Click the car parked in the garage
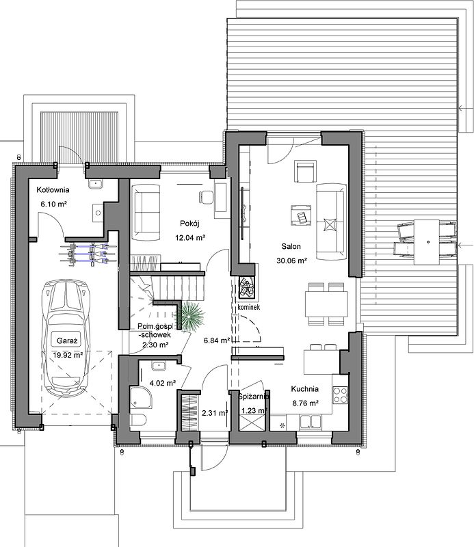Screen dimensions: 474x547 (66, 338)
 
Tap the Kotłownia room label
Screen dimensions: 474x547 (53, 190)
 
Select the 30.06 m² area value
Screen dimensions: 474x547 (292, 261)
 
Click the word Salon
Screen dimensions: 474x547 (291, 246)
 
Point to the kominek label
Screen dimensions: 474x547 (248, 307)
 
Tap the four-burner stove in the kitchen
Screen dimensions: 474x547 (341, 395)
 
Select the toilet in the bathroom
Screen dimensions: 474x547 (138, 420)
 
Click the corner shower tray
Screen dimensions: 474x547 (141, 397)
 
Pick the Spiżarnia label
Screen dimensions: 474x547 (253, 397)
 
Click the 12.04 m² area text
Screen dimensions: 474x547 (190, 238)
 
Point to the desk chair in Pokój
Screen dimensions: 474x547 (206, 196)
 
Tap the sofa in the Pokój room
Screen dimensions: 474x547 (146, 213)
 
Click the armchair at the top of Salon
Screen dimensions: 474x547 (306, 172)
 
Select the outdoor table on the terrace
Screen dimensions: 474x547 (427, 242)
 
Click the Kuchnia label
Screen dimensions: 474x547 (305, 388)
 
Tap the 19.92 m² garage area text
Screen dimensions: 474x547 (68, 355)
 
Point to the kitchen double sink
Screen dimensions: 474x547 (311, 421)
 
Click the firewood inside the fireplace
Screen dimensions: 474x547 (247, 287)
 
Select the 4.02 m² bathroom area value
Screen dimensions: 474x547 (162, 383)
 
